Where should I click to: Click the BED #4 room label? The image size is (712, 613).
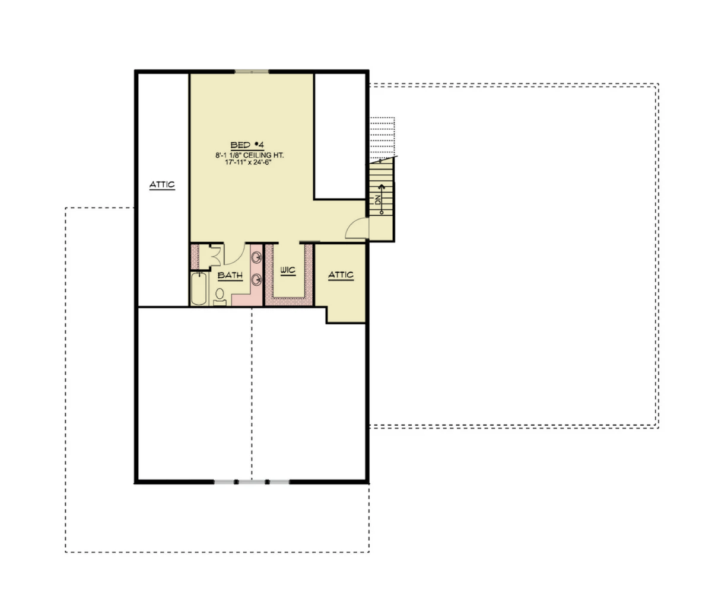pos(247,145)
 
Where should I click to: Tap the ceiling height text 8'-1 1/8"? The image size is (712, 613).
pos(228,155)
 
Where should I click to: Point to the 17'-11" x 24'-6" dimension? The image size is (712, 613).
pos(249,162)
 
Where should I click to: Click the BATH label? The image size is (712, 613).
pos(230,275)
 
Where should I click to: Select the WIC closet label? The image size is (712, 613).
pos(288,270)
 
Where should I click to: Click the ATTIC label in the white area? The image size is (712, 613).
pos(162,184)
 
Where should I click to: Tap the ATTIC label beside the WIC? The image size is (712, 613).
pos(341,274)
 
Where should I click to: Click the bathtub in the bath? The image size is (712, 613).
pos(199,289)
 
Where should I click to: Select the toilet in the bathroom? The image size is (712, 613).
pos(220,297)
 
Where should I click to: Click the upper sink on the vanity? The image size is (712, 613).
pos(256,257)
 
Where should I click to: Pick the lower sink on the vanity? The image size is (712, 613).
pos(256,280)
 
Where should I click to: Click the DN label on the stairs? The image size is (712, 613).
pos(378,200)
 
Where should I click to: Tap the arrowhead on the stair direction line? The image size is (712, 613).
pos(382,187)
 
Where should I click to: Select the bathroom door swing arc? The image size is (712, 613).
pos(238,257)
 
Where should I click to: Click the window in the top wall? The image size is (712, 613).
pos(252,72)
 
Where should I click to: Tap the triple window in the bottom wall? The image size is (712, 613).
pos(252,482)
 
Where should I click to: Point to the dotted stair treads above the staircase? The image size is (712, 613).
pos(382,138)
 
